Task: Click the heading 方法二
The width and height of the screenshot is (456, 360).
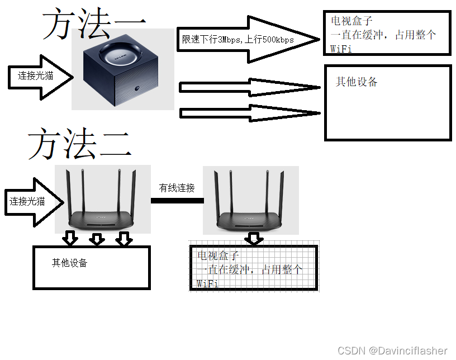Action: click(x=80, y=144)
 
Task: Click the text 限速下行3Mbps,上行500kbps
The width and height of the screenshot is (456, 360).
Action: click(x=238, y=40)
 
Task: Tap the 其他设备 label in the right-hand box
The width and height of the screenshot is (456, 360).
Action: click(x=357, y=82)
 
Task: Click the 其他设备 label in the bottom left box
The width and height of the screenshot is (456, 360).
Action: click(x=70, y=263)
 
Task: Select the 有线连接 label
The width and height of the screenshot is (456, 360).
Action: click(x=177, y=188)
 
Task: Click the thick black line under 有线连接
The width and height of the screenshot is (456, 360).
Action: click(x=177, y=200)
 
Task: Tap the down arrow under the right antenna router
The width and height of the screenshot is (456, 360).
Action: click(x=254, y=239)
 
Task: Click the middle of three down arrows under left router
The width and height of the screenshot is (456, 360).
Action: click(x=97, y=239)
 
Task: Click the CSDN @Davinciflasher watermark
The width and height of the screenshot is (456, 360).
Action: click(x=392, y=350)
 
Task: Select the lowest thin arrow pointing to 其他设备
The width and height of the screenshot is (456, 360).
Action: click(x=250, y=113)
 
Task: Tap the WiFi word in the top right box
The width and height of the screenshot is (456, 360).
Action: click(x=341, y=49)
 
